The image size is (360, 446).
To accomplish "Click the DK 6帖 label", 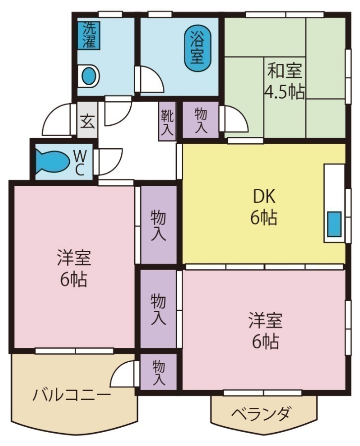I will [x=263, y=207].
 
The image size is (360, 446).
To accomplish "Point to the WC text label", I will [x=79, y=162].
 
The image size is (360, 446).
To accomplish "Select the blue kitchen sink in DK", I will [x=335, y=223].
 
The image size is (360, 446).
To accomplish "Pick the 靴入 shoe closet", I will [x=167, y=121].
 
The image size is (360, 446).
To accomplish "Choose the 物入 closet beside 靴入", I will [x=201, y=120].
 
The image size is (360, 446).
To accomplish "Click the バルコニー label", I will [x=72, y=395].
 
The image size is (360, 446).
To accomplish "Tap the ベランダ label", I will [x=261, y=413].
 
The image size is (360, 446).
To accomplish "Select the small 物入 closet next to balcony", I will [x=158, y=373].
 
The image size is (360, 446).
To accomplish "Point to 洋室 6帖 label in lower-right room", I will [x=265, y=330].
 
